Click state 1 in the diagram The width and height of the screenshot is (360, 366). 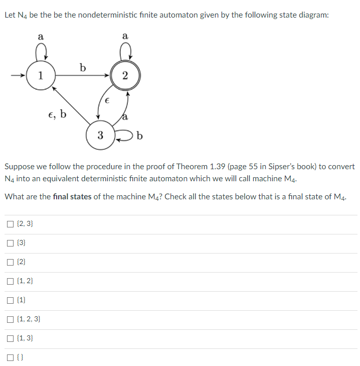pyautogui.click(x=41, y=76)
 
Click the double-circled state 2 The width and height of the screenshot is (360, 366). pyautogui.click(x=125, y=76)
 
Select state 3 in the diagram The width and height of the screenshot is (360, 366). pyautogui.click(x=100, y=135)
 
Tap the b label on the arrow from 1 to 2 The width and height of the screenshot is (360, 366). pyautogui.click(x=83, y=67)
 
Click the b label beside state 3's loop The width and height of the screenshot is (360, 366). pyautogui.click(x=140, y=135)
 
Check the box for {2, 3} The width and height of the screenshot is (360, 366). pyautogui.click(x=11, y=224)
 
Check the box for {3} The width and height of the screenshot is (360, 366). pyautogui.click(x=11, y=243)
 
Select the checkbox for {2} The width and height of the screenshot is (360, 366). pyautogui.click(x=11, y=262)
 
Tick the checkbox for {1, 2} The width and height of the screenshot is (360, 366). pyautogui.click(x=11, y=281)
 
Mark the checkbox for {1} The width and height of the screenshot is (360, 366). pyautogui.click(x=11, y=300)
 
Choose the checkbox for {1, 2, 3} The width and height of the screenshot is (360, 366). pyautogui.click(x=11, y=319)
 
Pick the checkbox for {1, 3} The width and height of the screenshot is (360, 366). pyautogui.click(x=11, y=338)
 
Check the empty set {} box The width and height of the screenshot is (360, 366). pyautogui.click(x=11, y=357)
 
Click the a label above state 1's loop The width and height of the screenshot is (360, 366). pyautogui.click(x=41, y=36)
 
